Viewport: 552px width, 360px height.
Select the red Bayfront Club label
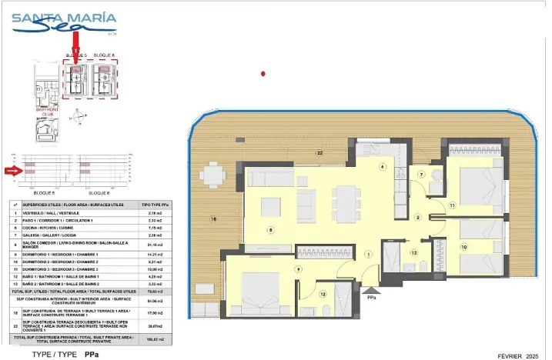[48, 113]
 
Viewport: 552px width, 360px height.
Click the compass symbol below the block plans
[78, 118]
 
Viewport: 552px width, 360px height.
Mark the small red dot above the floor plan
[264, 74]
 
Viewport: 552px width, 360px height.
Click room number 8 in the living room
[270, 230]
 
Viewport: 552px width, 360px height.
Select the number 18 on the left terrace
[213, 220]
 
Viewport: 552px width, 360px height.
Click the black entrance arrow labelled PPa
[371, 289]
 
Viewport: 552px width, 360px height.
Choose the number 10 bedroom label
[463, 247]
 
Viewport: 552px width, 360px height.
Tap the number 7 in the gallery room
[421, 175]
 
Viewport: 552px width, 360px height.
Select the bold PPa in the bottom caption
[91, 355]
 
